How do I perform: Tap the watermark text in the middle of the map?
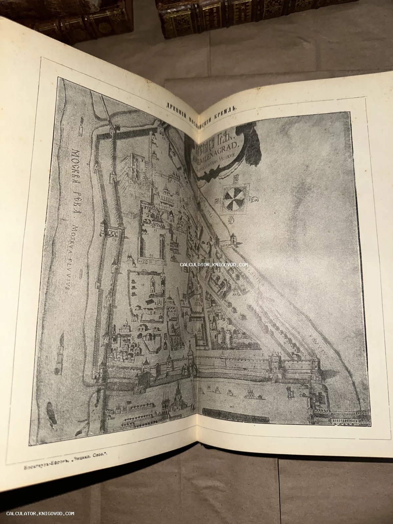(213, 264)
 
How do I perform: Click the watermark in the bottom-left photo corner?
(40, 514)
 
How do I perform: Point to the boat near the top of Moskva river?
(80, 130)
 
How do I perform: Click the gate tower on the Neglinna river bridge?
(233, 238)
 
